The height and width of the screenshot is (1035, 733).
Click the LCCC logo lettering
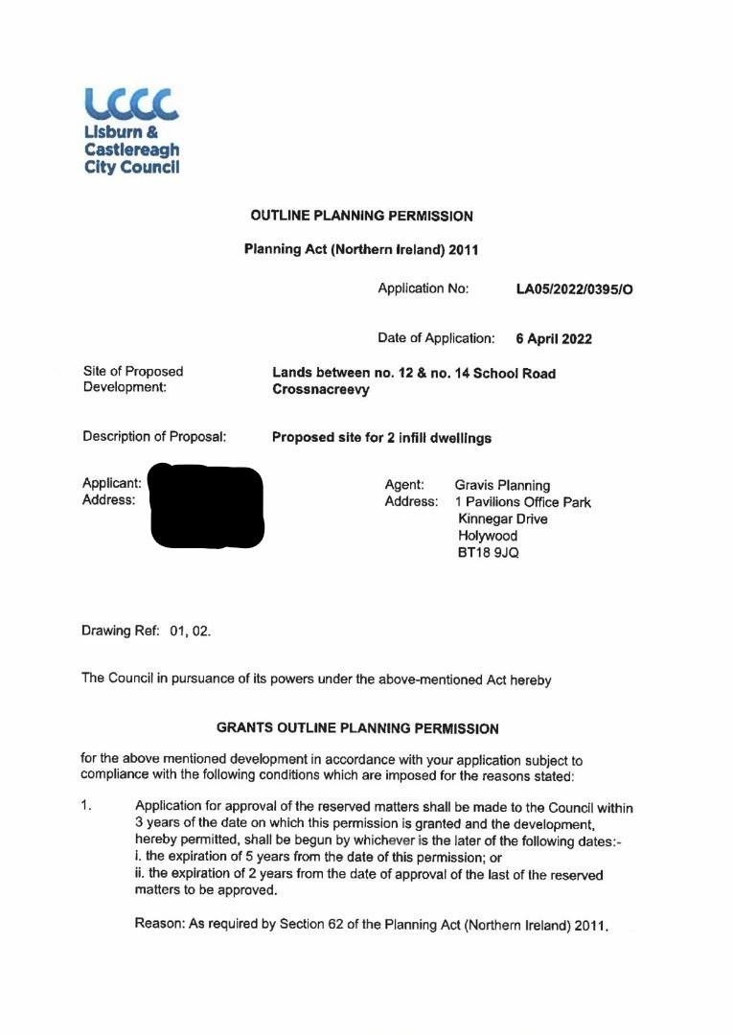tap(131, 103)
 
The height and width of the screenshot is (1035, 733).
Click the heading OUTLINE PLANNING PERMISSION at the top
tap(361, 216)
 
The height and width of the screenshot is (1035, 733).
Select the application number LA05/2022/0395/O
tap(574, 288)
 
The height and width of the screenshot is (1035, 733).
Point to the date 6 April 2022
tap(554, 338)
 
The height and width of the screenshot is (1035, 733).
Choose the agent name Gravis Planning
tap(502, 485)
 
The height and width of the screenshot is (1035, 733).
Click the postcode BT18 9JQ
tap(489, 553)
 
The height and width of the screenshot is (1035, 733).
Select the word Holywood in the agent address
tap(488, 536)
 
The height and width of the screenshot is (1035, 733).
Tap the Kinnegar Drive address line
tap(503, 518)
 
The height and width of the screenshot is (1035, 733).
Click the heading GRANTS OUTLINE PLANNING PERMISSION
tap(357, 728)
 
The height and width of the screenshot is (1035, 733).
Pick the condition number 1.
tap(86, 806)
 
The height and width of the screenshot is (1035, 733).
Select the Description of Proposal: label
tap(154, 437)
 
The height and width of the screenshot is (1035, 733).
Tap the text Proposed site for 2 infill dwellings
tap(381, 438)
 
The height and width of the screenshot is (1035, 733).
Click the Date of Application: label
tap(436, 338)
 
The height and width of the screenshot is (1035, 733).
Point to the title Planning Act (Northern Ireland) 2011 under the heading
tap(361, 250)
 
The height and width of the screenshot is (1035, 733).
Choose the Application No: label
tap(423, 288)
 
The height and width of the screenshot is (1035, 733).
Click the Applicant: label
tap(112, 484)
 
